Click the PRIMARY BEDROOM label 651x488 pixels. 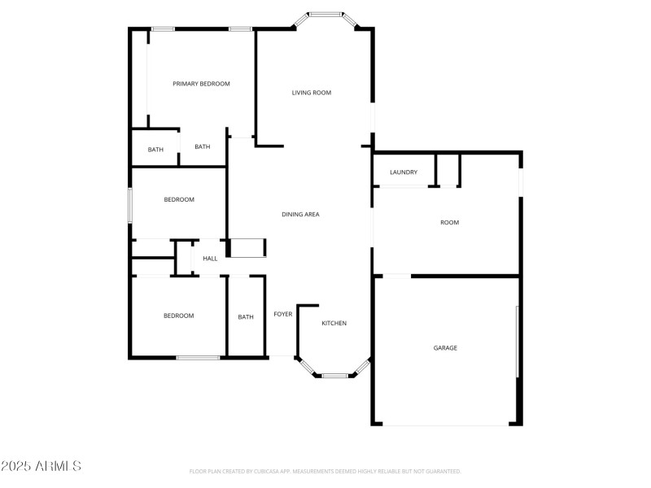tap(201, 84)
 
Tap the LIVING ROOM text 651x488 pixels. tap(312, 93)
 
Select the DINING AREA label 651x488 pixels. tap(300, 214)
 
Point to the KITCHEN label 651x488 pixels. tap(334, 323)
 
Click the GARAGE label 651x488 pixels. tap(445, 347)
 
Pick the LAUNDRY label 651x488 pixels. tap(404, 172)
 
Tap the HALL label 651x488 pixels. tap(210, 259)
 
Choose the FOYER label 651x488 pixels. tap(282, 314)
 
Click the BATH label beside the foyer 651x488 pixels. tap(246, 317)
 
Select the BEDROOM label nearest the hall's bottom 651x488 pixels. tap(179, 316)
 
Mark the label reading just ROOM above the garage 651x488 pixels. tap(449, 222)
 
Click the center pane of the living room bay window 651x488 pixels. tap(325, 14)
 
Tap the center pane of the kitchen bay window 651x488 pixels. tap(334, 376)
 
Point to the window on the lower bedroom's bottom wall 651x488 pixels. tap(198, 357)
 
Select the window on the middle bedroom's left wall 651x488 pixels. tap(129, 204)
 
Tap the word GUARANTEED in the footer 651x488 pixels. tap(443, 471)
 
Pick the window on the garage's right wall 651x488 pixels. tap(518, 342)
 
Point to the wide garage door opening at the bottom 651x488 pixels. tap(446, 424)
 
